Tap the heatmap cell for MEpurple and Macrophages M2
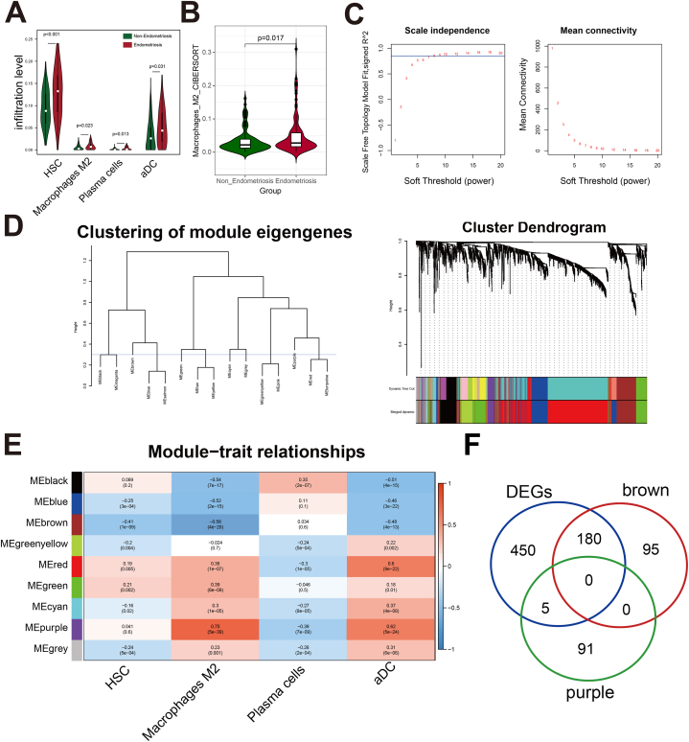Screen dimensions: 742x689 coord(217,627)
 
